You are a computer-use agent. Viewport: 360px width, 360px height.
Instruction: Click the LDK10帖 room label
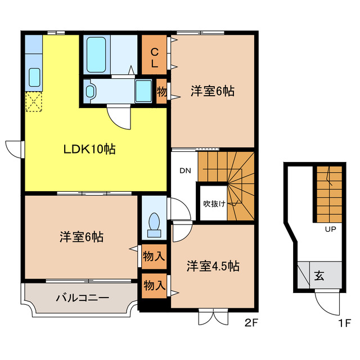[89, 150]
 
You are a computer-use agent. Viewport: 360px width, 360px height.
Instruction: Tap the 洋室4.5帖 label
[213, 266]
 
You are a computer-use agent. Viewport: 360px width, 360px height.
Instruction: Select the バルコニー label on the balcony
[82, 298]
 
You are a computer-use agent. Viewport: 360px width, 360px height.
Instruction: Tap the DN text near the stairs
[186, 171]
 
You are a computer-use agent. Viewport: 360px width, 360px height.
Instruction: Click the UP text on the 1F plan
[330, 229]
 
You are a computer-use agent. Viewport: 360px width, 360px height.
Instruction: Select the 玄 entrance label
[319, 276]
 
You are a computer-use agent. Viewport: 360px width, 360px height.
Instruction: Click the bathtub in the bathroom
[97, 54]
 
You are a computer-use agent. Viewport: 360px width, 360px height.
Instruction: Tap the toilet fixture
[152, 223]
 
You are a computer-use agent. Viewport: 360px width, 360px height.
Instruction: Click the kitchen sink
[34, 76]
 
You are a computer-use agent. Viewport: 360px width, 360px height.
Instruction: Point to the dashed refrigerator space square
[33, 102]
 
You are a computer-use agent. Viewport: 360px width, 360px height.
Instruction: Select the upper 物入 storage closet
[154, 256]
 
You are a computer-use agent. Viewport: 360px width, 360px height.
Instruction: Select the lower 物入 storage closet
[154, 285]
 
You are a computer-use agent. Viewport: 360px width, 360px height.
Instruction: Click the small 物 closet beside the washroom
[161, 90]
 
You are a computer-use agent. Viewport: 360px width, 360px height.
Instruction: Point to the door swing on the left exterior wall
[13, 147]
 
